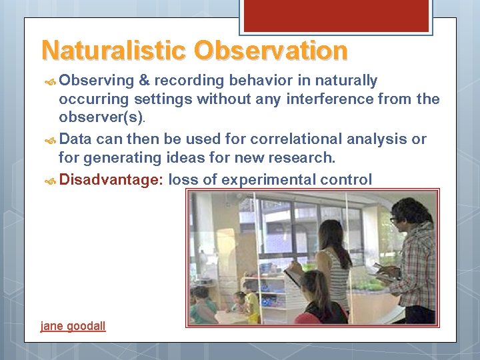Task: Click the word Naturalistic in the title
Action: point(114,51)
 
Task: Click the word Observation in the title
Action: point(271,51)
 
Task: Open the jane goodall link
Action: point(73,326)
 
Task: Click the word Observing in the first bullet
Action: point(97,81)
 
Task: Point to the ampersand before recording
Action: point(143,81)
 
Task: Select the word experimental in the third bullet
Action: point(272,179)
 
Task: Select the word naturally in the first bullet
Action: point(347,81)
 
